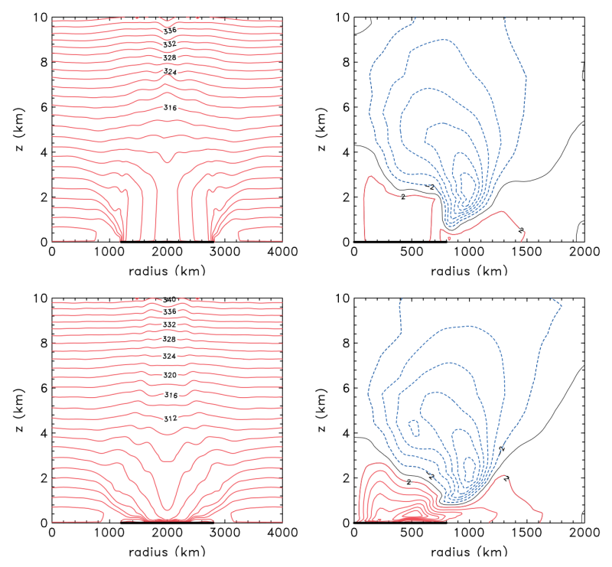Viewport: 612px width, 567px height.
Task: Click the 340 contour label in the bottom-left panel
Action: (170, 299)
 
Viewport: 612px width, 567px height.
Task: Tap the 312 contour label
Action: (170, 419)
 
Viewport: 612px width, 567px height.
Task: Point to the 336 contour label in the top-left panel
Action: (170, 31)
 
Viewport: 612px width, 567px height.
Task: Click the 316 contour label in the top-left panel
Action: (170, 108)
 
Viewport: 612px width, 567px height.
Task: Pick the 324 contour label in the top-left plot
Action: (170, 71)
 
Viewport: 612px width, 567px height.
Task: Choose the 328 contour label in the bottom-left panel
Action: (170, 339)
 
